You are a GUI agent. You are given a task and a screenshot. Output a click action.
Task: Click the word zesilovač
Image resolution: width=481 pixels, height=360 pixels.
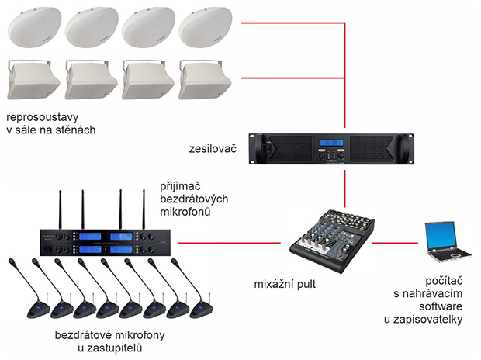(211, 145)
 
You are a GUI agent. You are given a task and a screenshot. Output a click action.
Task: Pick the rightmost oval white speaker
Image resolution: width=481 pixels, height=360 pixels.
(203, 28)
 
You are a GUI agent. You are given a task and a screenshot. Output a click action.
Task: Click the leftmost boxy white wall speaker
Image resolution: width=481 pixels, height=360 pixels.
(33, 79)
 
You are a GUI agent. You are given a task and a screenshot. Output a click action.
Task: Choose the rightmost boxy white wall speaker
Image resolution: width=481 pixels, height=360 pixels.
(203, 79)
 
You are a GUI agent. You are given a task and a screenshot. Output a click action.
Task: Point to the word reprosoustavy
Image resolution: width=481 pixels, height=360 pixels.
(40, 117)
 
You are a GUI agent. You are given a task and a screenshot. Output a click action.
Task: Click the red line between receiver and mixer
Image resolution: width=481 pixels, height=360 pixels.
(225, 242)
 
